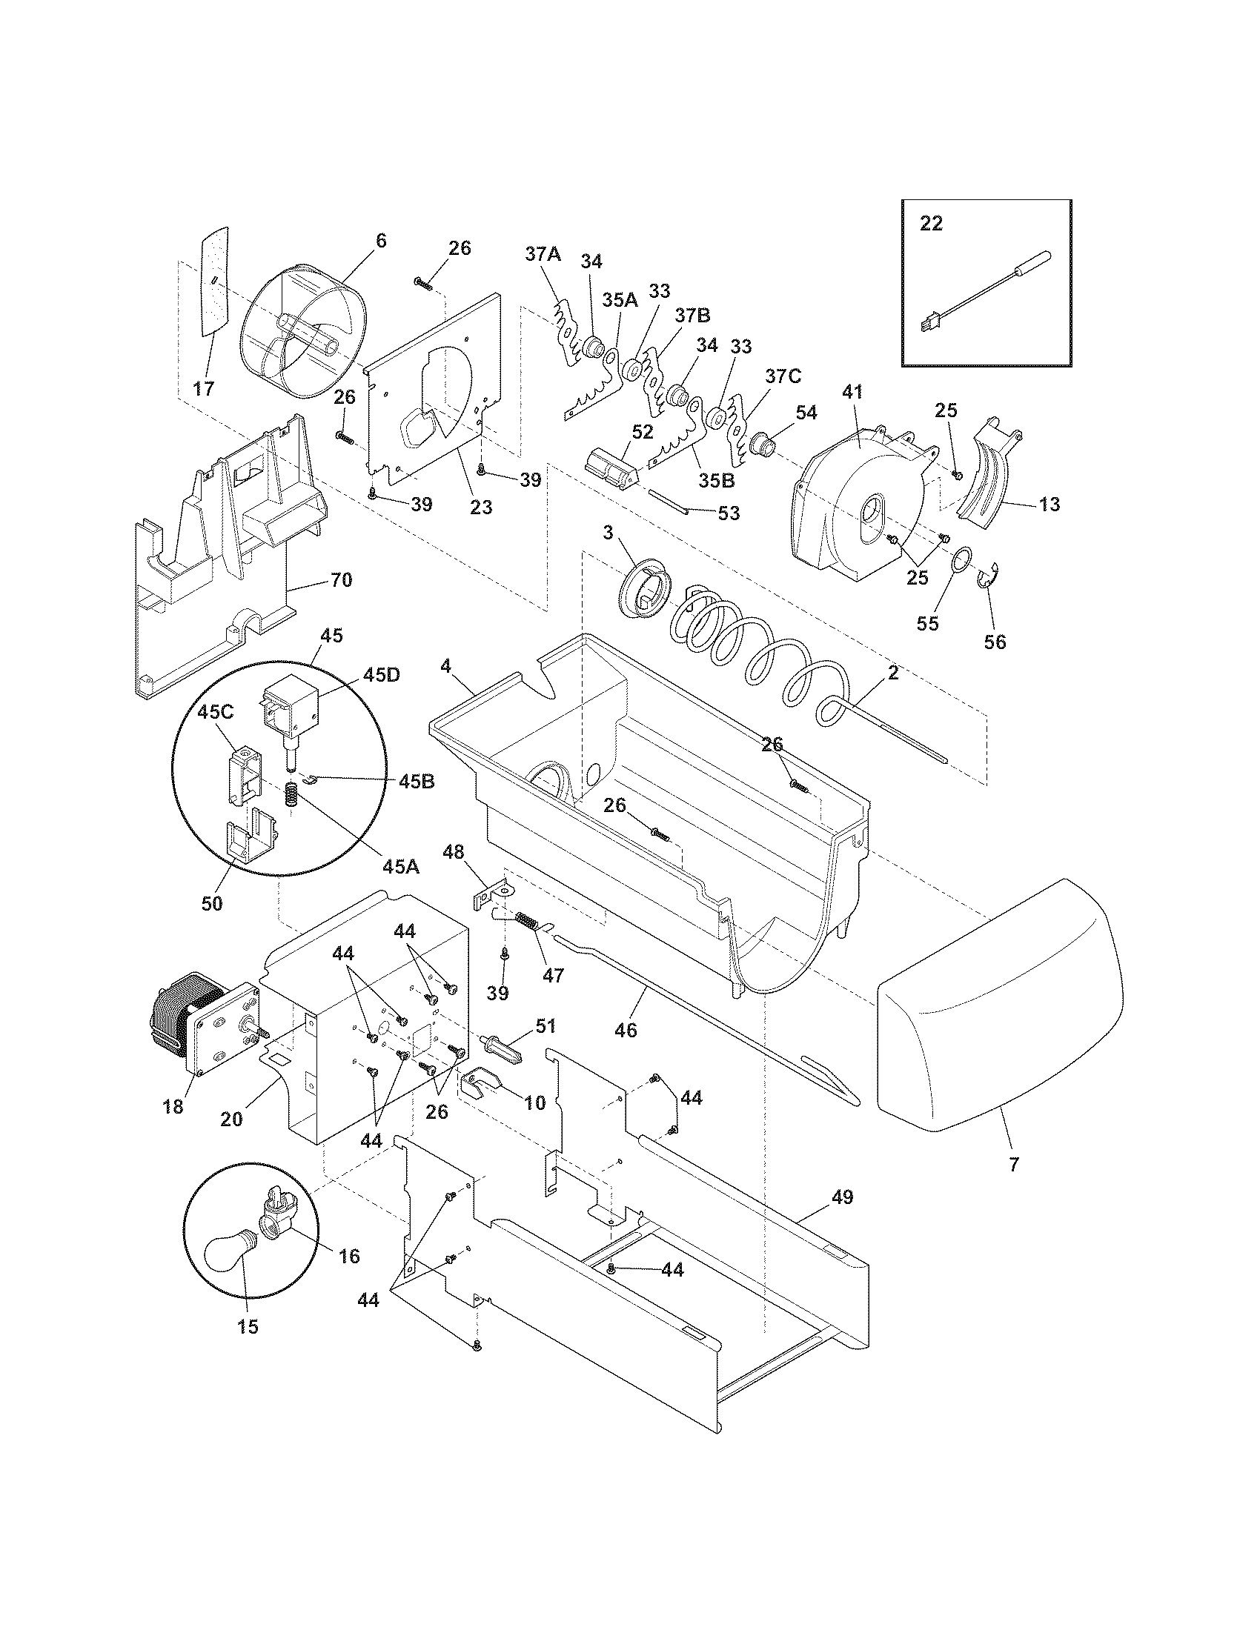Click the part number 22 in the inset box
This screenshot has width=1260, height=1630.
click(x=931, y=223)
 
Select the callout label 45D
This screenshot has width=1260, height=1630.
click(x=382, y=676)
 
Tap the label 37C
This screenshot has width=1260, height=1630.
click(x=782, y=376)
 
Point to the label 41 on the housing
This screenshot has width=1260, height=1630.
click(x=852, y=390)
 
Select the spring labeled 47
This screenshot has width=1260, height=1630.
click(x=528, y=932)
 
